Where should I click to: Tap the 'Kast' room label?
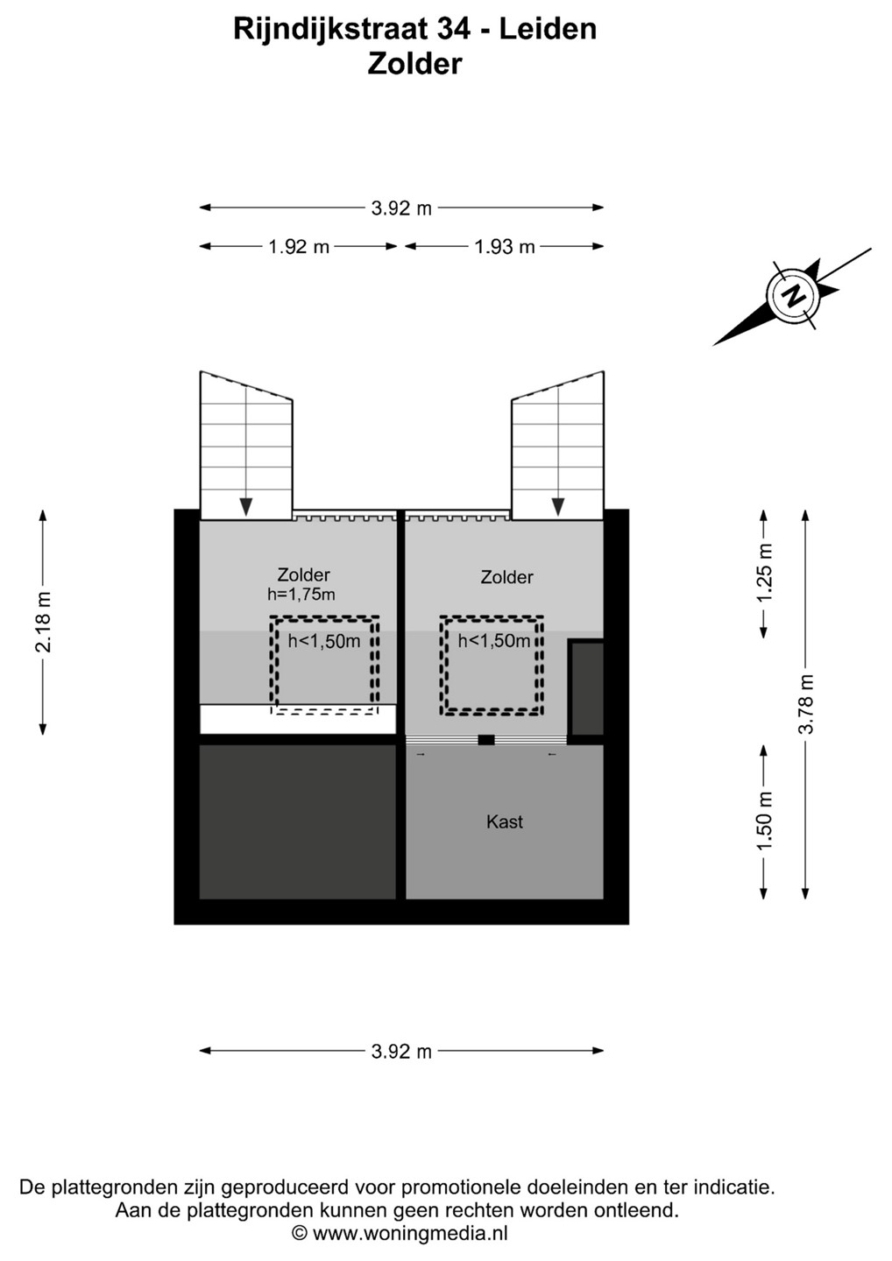click(505, 822)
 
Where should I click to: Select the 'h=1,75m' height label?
click(301, 595)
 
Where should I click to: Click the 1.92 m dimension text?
click(299, 247)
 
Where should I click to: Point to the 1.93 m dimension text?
click(505, 247)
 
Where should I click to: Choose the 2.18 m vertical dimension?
click(43, 622)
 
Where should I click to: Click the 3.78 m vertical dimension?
click(806, 704)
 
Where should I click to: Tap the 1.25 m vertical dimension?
click(764, 573)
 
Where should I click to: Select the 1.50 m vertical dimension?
click(764, 822)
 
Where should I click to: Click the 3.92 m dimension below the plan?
click(401, 1051)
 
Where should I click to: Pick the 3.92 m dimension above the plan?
click(401, 208)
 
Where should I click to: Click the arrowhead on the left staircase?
click(246, 507)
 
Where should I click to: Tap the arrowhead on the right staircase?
click(558, 507)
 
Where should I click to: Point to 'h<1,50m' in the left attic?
click(324, 641)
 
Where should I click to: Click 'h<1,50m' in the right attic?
click(494, 641)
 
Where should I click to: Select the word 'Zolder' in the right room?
click(506, 577)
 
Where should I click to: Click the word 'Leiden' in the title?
click(548, 29)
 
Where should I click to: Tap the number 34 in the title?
click(453, 29)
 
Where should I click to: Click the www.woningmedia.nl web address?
click(410, 1234)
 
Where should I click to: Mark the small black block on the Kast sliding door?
click(486, 740)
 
